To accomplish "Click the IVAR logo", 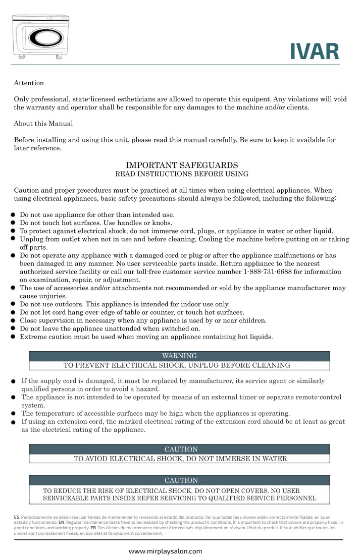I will coord(314,51).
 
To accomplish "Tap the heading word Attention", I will coord(29,83).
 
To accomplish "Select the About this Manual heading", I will coord(43,124).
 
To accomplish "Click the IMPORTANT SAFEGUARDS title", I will coord(181,165).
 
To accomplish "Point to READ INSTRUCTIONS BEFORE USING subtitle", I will coord(182,174).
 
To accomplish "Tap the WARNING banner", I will coord(179,356).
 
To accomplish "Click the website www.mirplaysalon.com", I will coord(166,551).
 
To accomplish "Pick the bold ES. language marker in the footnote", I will coord(17,517).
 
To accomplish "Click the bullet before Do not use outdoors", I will coord(14,304).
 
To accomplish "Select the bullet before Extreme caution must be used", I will coord(14,337).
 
